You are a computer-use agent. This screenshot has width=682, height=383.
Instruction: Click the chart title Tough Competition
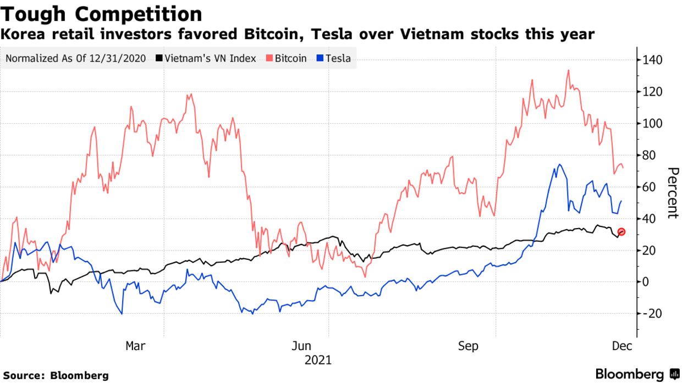pos(101,14)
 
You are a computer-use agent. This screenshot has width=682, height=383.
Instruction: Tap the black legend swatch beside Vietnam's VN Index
pos(159,58)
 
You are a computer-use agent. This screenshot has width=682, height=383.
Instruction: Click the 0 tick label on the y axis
pos(646,282)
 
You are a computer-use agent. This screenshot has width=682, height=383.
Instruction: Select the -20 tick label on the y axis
pos(651,314)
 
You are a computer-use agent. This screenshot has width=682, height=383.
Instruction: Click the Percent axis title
pos(672,192)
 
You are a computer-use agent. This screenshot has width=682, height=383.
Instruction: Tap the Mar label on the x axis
pos(135,346)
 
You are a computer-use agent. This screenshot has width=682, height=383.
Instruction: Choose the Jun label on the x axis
pos(302,346)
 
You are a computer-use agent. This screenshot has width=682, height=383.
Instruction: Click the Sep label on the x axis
pos(468,346)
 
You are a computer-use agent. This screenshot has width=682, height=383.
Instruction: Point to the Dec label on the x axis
pos(621,346)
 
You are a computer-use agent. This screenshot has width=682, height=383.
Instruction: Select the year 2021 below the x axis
pos(317,360)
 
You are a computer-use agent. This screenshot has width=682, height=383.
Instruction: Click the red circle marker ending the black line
pos(621,232)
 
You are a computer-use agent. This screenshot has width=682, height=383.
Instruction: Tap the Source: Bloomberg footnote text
pos(56,376)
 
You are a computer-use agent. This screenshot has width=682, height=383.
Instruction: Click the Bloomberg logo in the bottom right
pos(637,374)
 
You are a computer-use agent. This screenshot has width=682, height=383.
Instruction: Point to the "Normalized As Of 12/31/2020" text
pos(75,58)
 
